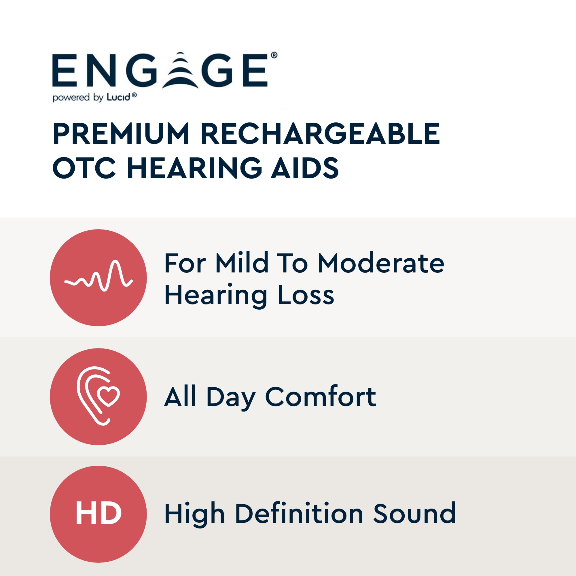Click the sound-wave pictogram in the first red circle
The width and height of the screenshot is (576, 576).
coord(98,276)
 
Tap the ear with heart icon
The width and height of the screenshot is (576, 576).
coord(98,396)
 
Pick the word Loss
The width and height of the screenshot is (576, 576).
coord(306,295)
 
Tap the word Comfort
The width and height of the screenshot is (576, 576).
coord(321,397)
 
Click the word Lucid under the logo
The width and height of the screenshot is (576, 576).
coord(119,97)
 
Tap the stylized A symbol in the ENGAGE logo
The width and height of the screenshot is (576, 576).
coord(180,70)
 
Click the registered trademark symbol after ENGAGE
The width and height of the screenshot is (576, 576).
coord(274,56)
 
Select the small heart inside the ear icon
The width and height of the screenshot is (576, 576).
coord(108,396)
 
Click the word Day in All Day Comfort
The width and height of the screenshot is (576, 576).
coord(231,398)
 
